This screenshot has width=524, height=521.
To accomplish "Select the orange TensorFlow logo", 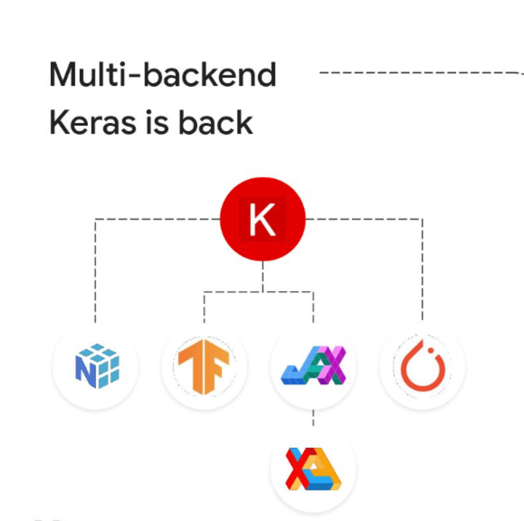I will pos(204,367).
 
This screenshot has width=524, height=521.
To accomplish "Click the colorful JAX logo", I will pos(313,365).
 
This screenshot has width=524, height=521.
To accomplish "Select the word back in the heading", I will pos(211,122).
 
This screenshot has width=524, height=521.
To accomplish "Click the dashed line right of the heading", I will pos(419,73).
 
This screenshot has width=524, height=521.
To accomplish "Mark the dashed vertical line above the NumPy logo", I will pos(96,275).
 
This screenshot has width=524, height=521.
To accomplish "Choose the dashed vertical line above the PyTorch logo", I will pos(422,275).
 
